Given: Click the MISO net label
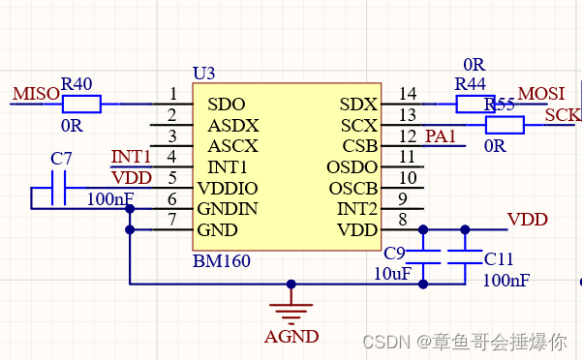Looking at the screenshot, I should [35, 94].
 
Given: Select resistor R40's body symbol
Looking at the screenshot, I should [81, 104].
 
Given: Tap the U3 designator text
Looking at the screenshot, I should [203, 74].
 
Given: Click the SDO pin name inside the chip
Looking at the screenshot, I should [226, 105].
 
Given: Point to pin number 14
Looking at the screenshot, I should [408, 94].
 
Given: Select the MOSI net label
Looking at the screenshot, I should [542, 94].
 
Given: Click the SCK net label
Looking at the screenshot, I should [562, 115].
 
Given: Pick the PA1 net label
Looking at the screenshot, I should [440, 136].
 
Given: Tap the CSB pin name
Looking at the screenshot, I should [360, 146].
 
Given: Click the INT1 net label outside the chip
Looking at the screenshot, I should [131, 157].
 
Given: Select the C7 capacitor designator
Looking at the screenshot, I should [61, 158].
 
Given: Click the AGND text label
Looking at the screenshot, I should [291, 337].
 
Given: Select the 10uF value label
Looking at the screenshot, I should [391, 274].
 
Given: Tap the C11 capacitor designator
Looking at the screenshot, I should [499, 258].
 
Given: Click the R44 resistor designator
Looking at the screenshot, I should [470, 83].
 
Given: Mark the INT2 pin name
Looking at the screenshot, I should [357, 209].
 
